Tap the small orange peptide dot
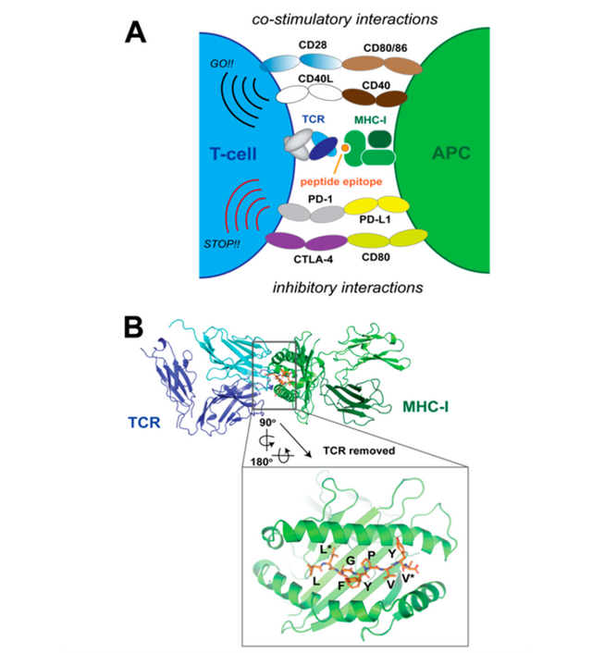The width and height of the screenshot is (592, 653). [x=344, y=148]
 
